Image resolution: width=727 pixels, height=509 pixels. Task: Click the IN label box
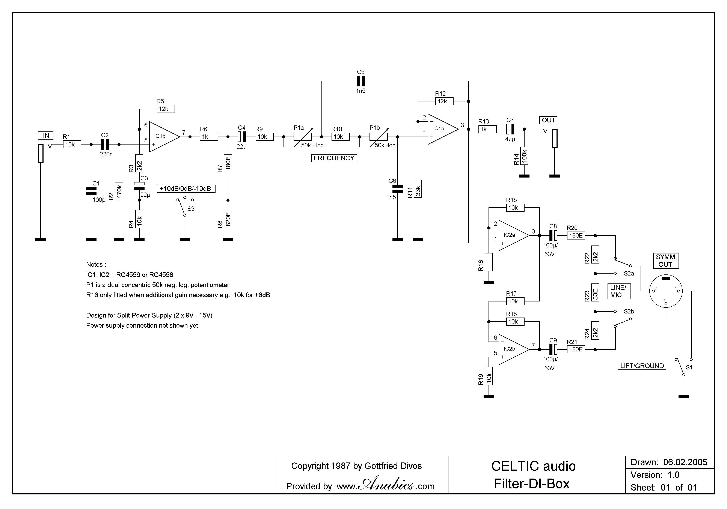[x=46, y=136]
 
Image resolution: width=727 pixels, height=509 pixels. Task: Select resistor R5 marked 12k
[x=166, y=109]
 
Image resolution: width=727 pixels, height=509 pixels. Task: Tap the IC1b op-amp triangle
[x=163, y=137]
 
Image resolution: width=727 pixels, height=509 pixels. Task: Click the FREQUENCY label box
[x=334, y=158]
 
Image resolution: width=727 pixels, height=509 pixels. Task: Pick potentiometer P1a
[x=302, y=137]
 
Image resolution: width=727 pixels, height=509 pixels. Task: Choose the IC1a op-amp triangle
[x=442, y=129]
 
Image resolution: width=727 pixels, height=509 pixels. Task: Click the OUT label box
[x=548, y=120]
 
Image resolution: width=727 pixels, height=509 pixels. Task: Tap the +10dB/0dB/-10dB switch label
[x=186, y=189]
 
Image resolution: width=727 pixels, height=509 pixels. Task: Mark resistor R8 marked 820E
[x=228, y=219]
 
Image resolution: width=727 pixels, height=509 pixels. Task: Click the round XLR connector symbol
[x=666, y=291]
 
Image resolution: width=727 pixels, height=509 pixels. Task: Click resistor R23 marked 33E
[x=595, y=292]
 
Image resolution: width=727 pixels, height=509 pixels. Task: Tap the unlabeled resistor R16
[x=489, y=262]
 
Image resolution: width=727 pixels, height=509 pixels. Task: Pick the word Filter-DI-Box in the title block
[x=532, y=484]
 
